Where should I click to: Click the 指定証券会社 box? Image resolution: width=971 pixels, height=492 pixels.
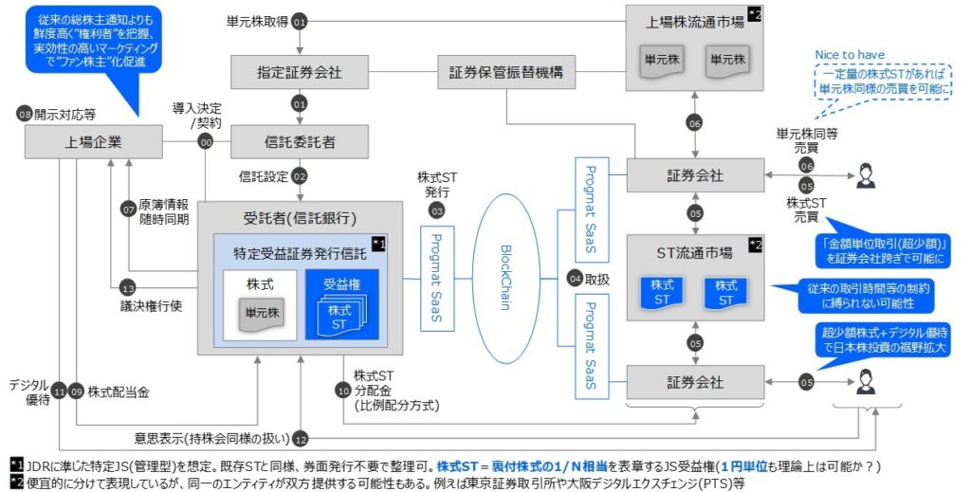(x=299, y=72)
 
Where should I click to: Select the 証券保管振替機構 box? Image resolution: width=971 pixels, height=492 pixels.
(x=505, y=72)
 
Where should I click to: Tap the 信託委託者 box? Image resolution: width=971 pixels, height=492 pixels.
(x=299, y=142)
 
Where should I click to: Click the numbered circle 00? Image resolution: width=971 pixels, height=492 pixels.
(x=205, y=142)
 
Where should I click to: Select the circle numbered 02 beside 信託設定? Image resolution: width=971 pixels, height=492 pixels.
(x=300, y=176)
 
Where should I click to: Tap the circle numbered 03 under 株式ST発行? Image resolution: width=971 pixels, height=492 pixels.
(x=436, y=209)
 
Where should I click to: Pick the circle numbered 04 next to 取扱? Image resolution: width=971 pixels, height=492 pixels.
(x=575, y=279)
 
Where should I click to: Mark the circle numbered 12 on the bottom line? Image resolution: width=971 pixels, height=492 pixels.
(x=300, y=438)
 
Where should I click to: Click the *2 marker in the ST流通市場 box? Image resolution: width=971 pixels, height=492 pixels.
(x=755, y=245)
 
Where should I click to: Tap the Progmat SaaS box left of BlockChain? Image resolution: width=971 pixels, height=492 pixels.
(x=436, y=278)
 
